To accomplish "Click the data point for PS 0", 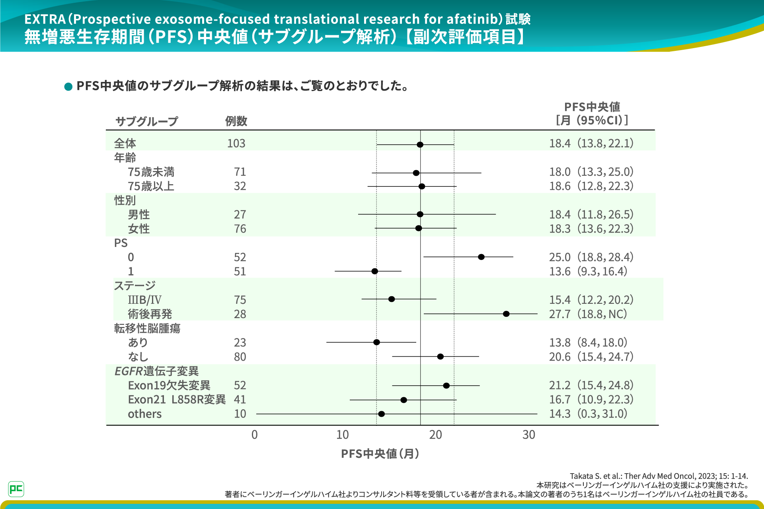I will (481, 257).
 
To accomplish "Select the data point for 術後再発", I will (506, 314).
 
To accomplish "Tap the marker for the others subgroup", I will (381, 414).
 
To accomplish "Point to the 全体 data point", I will (420, 145).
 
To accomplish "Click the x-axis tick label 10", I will (342, 435).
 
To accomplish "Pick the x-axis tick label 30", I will (528, 435).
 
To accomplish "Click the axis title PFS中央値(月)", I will (380, 454).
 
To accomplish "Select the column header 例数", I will (236, 121).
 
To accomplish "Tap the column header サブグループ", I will (146, 121).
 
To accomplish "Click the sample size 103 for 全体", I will (236, 144).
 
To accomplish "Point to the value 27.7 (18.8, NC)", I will (588, 314).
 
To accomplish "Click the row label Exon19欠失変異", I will (169, 385).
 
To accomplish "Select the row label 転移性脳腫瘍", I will (147, 328).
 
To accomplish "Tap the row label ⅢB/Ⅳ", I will (144, 300).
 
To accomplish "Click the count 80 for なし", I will (240, 357).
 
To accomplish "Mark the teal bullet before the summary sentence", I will (68, 86).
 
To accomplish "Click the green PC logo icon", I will (16, 489).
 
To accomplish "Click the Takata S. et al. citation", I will (659, 476).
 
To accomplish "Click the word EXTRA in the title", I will (45, 19).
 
